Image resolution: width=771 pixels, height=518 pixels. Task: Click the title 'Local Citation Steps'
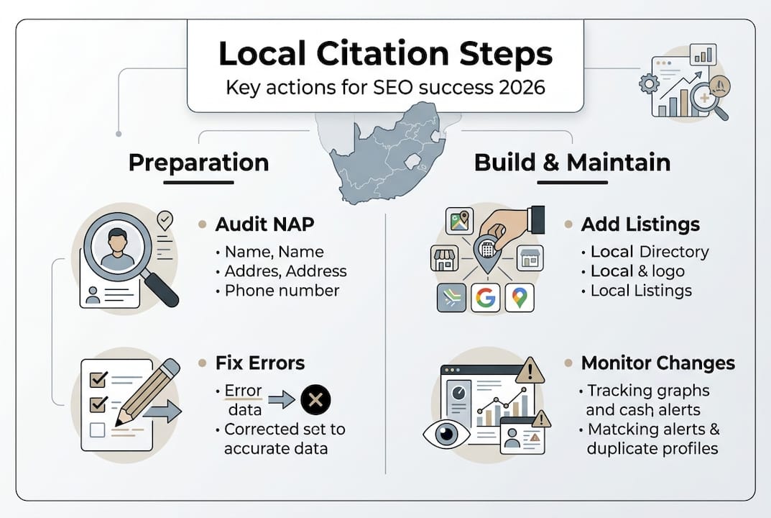pos(385,54)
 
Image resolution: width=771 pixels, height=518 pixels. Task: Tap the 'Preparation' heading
pos(198,163)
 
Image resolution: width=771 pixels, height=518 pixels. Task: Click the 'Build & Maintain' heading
pos(572,163)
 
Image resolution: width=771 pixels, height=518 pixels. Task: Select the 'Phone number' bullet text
pos(282,291)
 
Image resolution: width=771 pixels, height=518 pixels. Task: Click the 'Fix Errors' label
pos(260,362)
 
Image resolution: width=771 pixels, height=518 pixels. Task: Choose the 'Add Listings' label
pos(640,224)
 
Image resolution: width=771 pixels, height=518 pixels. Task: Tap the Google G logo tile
pos(486,297)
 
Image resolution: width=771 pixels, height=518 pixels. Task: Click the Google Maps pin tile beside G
pos(520,297)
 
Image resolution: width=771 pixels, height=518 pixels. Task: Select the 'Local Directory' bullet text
pos(649,252)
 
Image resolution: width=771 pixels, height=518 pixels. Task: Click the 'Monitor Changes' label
pos(657,363)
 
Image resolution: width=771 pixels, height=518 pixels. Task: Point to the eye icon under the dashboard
pos(446,435)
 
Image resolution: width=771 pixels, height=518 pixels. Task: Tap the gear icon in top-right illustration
pos(649,83)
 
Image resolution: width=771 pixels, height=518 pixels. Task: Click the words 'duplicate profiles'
pos(652,448)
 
